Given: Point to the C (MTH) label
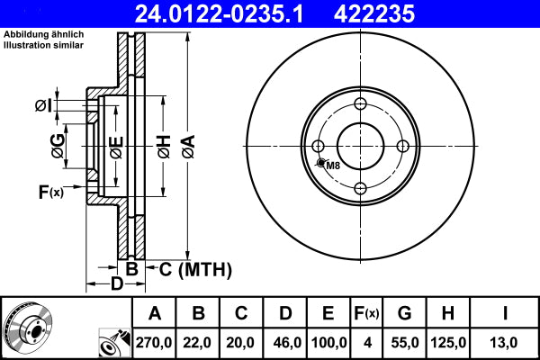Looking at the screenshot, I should point(195,269).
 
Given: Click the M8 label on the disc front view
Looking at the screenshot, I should point(333,166).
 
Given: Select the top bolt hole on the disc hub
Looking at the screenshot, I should point(360,105).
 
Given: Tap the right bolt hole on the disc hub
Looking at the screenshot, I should point(402,147).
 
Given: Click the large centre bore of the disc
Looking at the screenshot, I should point(360,147).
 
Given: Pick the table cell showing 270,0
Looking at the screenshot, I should point(155,342).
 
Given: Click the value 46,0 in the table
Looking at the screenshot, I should point(285,342).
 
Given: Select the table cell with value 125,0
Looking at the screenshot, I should point(447,342).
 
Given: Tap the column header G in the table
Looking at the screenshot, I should point(404,314).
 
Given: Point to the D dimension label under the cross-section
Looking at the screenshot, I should point(116,285).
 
